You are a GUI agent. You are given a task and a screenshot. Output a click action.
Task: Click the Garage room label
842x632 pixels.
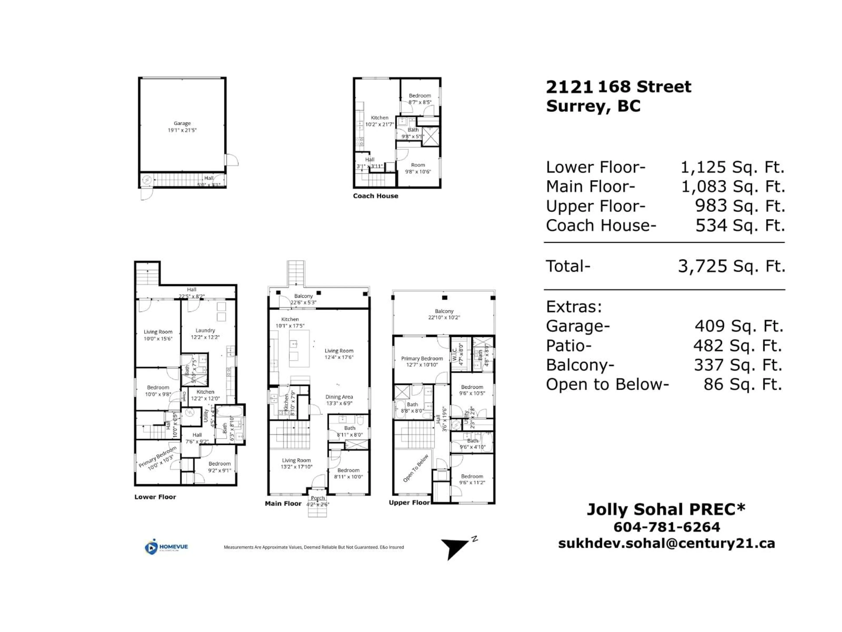coord(182,123)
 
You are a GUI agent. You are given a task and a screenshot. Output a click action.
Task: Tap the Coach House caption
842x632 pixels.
coord(375,196)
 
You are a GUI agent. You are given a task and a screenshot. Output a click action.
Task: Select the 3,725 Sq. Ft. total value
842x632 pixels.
coord(731,266)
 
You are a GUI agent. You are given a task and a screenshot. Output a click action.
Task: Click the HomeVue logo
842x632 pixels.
coord(166,547)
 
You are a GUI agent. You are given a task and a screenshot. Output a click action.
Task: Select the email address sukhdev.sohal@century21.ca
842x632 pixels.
coord(667,543)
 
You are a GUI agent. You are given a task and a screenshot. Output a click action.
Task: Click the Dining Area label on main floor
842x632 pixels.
coord(339,397)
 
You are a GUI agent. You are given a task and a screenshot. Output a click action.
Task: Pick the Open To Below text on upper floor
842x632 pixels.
coord(416,468)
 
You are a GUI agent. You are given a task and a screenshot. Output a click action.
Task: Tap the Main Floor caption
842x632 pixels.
coord(283,504)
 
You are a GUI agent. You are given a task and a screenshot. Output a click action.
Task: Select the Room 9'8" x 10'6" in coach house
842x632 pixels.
coord(417,168)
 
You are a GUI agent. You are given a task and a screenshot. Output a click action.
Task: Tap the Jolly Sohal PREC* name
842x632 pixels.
coord(666,509)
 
